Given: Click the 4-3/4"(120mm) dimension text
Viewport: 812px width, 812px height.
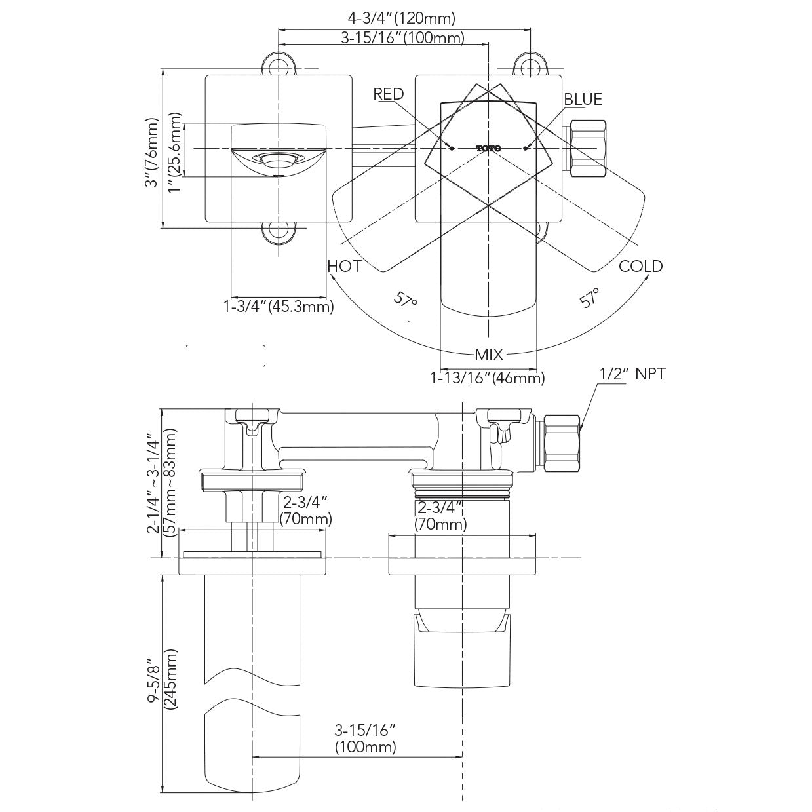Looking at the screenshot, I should point(401,18).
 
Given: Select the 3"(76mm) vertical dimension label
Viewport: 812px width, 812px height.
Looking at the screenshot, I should point(153,153).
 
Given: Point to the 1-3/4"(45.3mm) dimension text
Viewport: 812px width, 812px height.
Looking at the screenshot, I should point(279,306).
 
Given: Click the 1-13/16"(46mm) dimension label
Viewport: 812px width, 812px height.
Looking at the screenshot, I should point(487,377).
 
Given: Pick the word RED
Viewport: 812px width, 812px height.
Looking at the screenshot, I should point(389,94).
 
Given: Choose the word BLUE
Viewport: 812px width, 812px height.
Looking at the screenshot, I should point(583,99).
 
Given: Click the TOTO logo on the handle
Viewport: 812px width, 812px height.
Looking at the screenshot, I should point(488,149).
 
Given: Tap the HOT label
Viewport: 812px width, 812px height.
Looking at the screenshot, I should point(344,266).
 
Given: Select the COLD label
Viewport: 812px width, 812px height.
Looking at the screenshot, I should point(640,266).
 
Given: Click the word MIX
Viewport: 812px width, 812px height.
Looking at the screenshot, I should point(489,355).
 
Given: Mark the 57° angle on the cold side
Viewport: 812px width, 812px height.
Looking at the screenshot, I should point(590,298).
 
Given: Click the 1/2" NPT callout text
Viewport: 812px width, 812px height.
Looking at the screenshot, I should point(632,374).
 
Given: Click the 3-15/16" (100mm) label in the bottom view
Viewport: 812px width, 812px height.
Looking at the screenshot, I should point(366,738).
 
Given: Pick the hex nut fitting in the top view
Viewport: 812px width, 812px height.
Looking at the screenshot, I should point(588,149).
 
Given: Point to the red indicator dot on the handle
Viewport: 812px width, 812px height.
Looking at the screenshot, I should point(452,149).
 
